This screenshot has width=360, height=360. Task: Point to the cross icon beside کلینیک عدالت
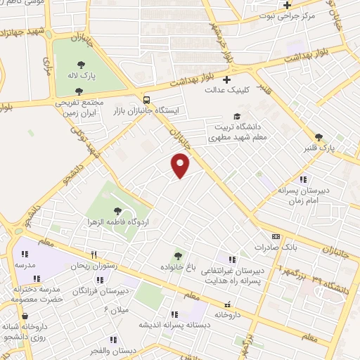[x=226, y=79]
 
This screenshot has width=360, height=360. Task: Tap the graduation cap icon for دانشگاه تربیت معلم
[x=238, y=117]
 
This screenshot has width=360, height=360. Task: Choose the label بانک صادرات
[x=276, y=247]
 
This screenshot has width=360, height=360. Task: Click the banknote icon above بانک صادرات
[x=276, y=236]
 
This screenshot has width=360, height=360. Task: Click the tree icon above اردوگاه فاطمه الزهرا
[x=117, y=210]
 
